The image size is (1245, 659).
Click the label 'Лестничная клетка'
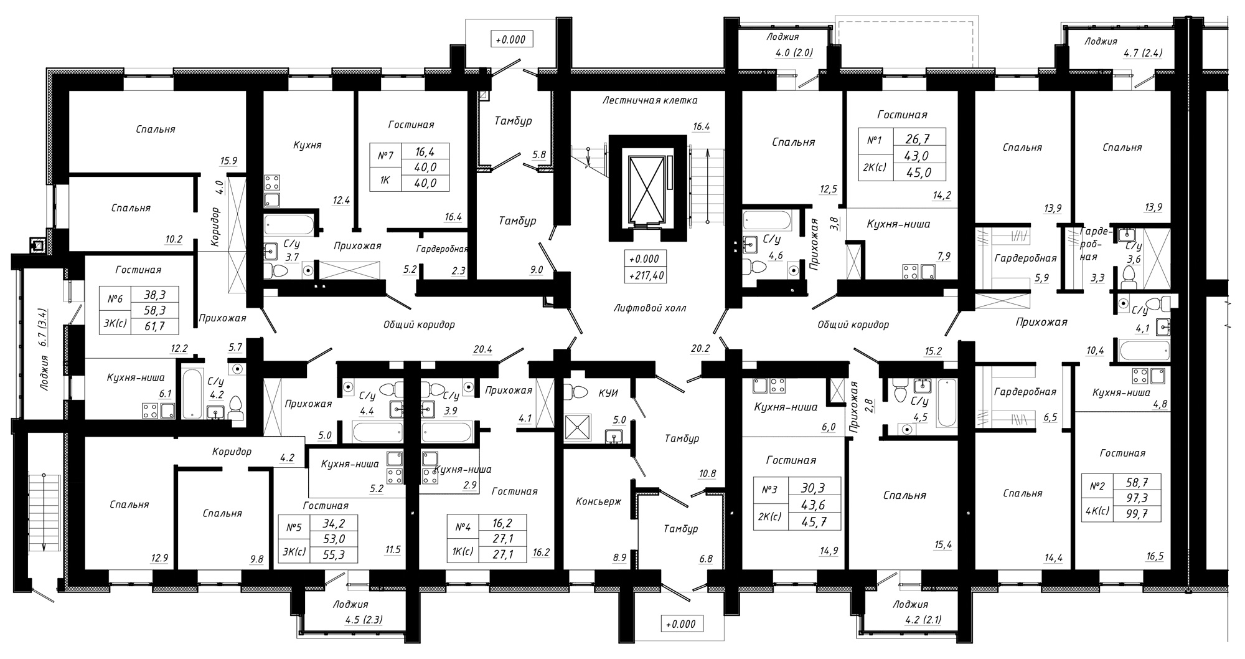(649, 100)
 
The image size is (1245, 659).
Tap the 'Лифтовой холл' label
(649, 308)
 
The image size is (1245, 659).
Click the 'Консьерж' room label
(598, 501)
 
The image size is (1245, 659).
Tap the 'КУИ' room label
(608, 393)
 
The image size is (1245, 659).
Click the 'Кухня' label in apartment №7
(307, 145)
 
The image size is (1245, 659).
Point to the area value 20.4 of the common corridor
(482, 349)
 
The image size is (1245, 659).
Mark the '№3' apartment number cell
(769, 490)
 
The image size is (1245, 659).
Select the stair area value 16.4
(701, 126)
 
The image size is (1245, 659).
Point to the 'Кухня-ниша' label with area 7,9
(898, 224)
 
